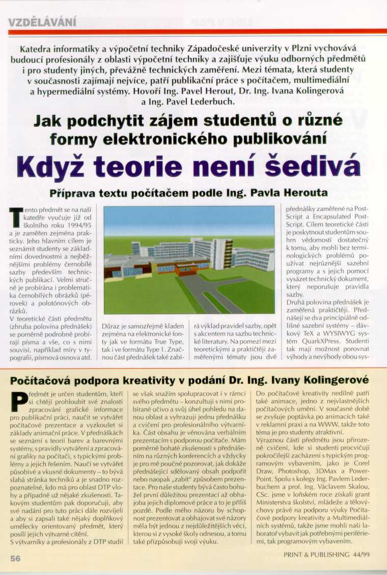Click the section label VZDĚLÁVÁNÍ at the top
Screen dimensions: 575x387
pos(43,21)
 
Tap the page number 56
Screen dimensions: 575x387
pos(15,558)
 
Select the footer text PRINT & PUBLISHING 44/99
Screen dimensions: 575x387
pos(327,555)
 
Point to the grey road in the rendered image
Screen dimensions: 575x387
pos(204,290)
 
